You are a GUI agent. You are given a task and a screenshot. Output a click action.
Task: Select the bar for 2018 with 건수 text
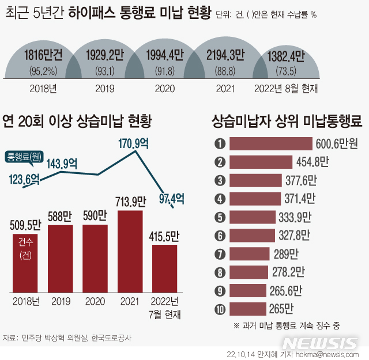click(x=25, y=263)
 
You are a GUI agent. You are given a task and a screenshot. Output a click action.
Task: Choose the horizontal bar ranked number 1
click(x=271, y=143)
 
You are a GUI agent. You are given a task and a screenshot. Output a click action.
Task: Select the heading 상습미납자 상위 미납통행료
click(x=287, y=122)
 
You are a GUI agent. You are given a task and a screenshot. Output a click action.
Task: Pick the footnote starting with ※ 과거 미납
click(x=287, y=325)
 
